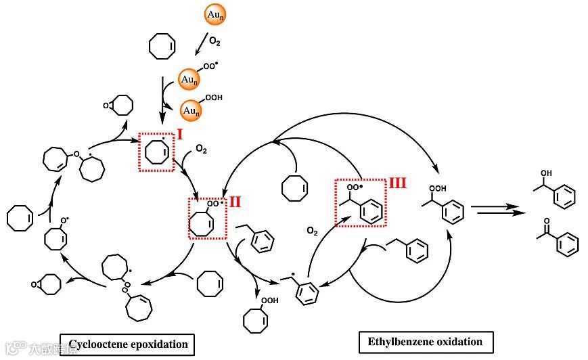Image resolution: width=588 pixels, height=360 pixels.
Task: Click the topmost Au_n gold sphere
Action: [213, 14]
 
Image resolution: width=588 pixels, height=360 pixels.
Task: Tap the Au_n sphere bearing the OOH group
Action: [190, 110]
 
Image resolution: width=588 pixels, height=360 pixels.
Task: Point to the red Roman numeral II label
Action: [235, 201]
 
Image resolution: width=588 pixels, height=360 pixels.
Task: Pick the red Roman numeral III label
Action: [397, 183]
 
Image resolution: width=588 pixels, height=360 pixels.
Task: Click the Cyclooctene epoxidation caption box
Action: [127, 344]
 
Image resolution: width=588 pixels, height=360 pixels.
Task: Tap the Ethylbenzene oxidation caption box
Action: [425, 341]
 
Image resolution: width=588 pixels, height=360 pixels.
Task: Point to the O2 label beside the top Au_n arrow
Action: [214, 41]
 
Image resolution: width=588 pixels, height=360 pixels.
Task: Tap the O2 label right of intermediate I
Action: [201, 148]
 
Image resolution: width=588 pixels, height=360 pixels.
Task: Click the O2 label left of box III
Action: [312, 231]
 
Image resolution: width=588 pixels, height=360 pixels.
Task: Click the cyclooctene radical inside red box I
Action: [156, 152]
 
